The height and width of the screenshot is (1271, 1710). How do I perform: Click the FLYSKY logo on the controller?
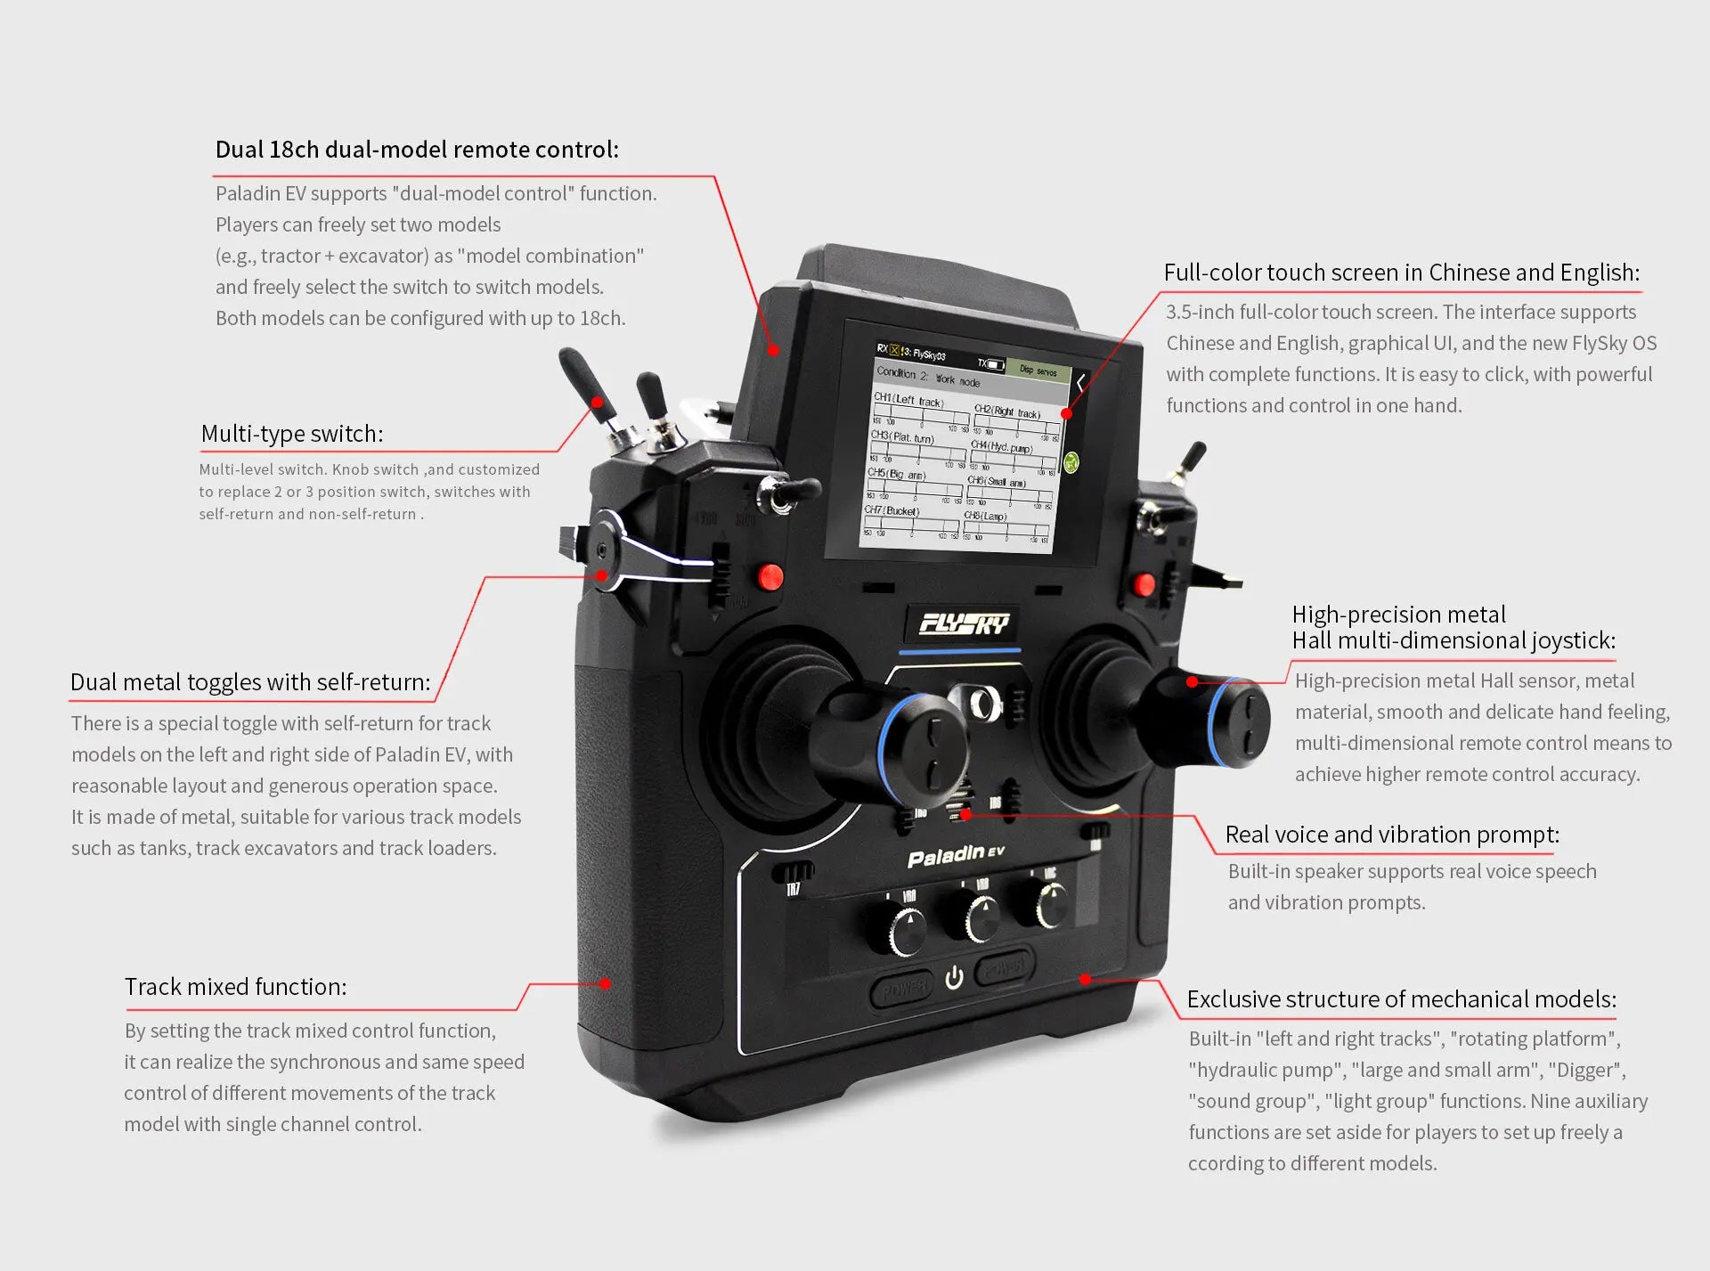click(964, 623)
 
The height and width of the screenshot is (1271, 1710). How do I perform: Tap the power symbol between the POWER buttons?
click(954, 978)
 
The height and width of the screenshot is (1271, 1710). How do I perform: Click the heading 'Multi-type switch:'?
click(292, 434)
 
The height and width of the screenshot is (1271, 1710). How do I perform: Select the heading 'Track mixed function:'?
click(235, 987)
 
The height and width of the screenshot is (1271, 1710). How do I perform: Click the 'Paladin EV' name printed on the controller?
click(955, 856)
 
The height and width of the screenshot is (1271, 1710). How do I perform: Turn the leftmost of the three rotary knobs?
click(907, 929)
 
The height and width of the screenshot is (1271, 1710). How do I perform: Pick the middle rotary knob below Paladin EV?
click(980, 918)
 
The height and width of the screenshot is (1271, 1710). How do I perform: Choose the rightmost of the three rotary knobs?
click(1052, 904)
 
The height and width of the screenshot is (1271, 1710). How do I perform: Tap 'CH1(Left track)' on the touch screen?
click(908, 401)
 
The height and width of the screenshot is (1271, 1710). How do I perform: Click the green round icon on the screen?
click(1071, 462)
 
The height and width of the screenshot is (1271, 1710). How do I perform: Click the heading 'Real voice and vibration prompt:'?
click(1392, 835)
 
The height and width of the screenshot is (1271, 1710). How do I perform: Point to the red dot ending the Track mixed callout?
click(606, 984)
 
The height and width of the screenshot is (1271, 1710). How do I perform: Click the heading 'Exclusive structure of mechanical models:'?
click(1401, 999)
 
